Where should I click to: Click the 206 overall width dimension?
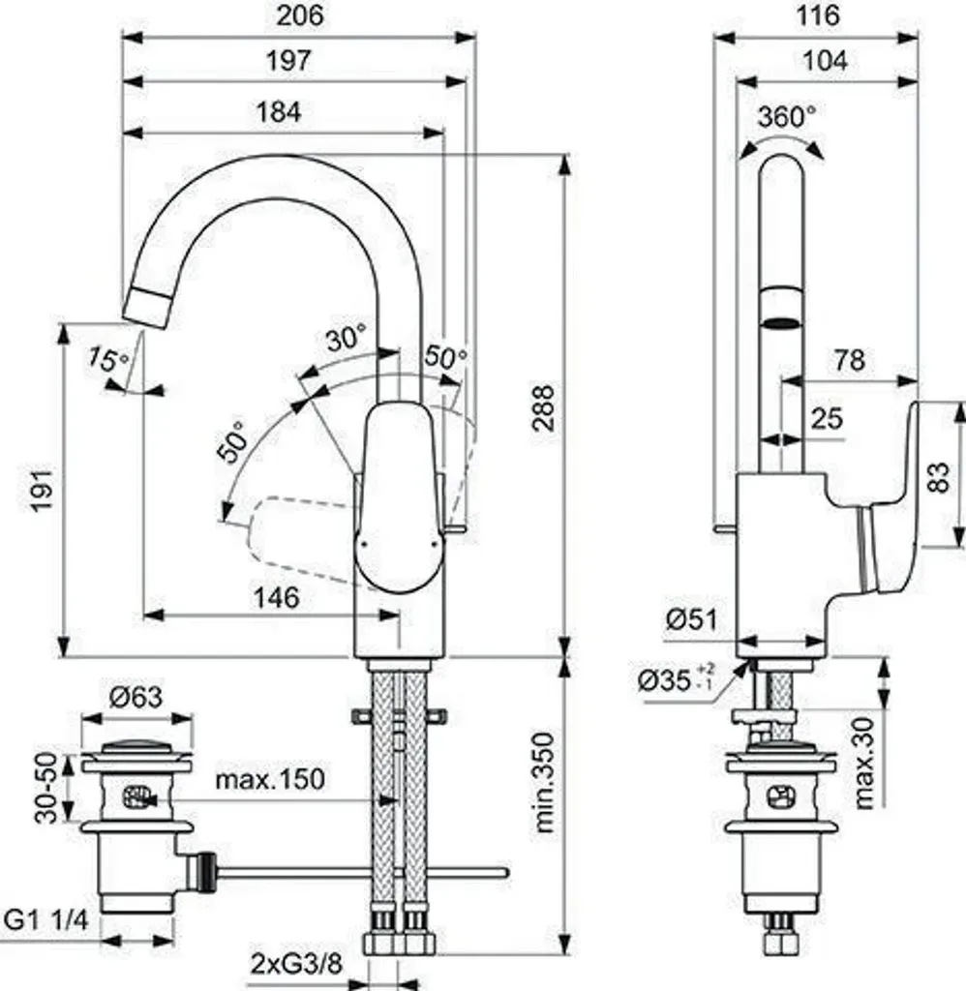tap(300, 15)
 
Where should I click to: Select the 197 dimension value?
tap(288, 60)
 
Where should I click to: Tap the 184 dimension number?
tap(279, 112)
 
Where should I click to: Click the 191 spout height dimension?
tap(45, 491)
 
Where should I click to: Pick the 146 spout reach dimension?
tap(276, 597)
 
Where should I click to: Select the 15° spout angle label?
tap(108, 359)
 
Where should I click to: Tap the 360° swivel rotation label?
tap(787, 116)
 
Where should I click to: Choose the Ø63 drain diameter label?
tap(136, 698)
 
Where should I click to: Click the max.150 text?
tap(270, 779)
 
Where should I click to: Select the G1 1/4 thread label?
tap(46, 919)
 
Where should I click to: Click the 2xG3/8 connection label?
tap(296, 965)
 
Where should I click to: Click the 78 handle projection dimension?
tap(849, 360)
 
